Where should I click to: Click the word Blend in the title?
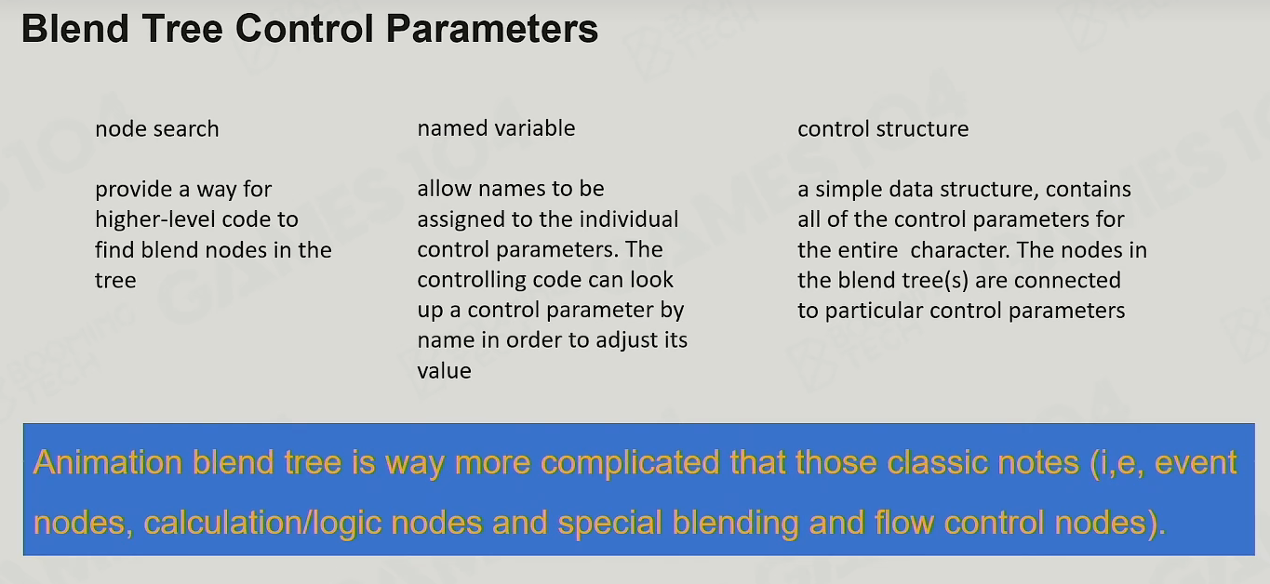click(74, 28)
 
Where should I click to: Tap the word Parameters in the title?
click(491, 28)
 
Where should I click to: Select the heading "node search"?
click(157, 129)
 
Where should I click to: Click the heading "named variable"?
click(496, 128)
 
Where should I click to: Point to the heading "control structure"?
click(883, 129)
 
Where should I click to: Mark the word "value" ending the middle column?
click(444, 371)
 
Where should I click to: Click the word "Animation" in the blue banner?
click(108, 462)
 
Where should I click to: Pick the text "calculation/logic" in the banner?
click(262, 523)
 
